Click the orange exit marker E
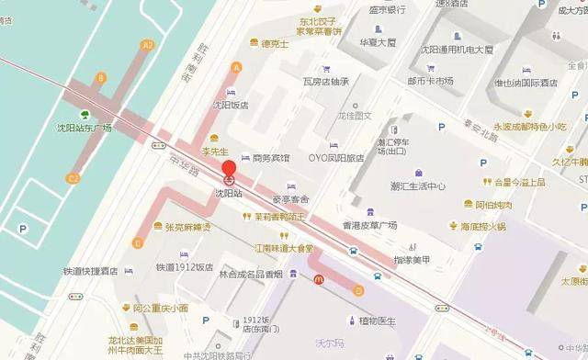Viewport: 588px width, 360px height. (x=137, y=243)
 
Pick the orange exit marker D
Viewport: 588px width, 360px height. (x=358, y=291)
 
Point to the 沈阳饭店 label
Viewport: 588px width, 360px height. (x=232, y=106)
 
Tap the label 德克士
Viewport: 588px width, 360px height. (x=274, y=43)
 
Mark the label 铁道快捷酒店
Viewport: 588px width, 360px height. (x=91, y=270)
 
